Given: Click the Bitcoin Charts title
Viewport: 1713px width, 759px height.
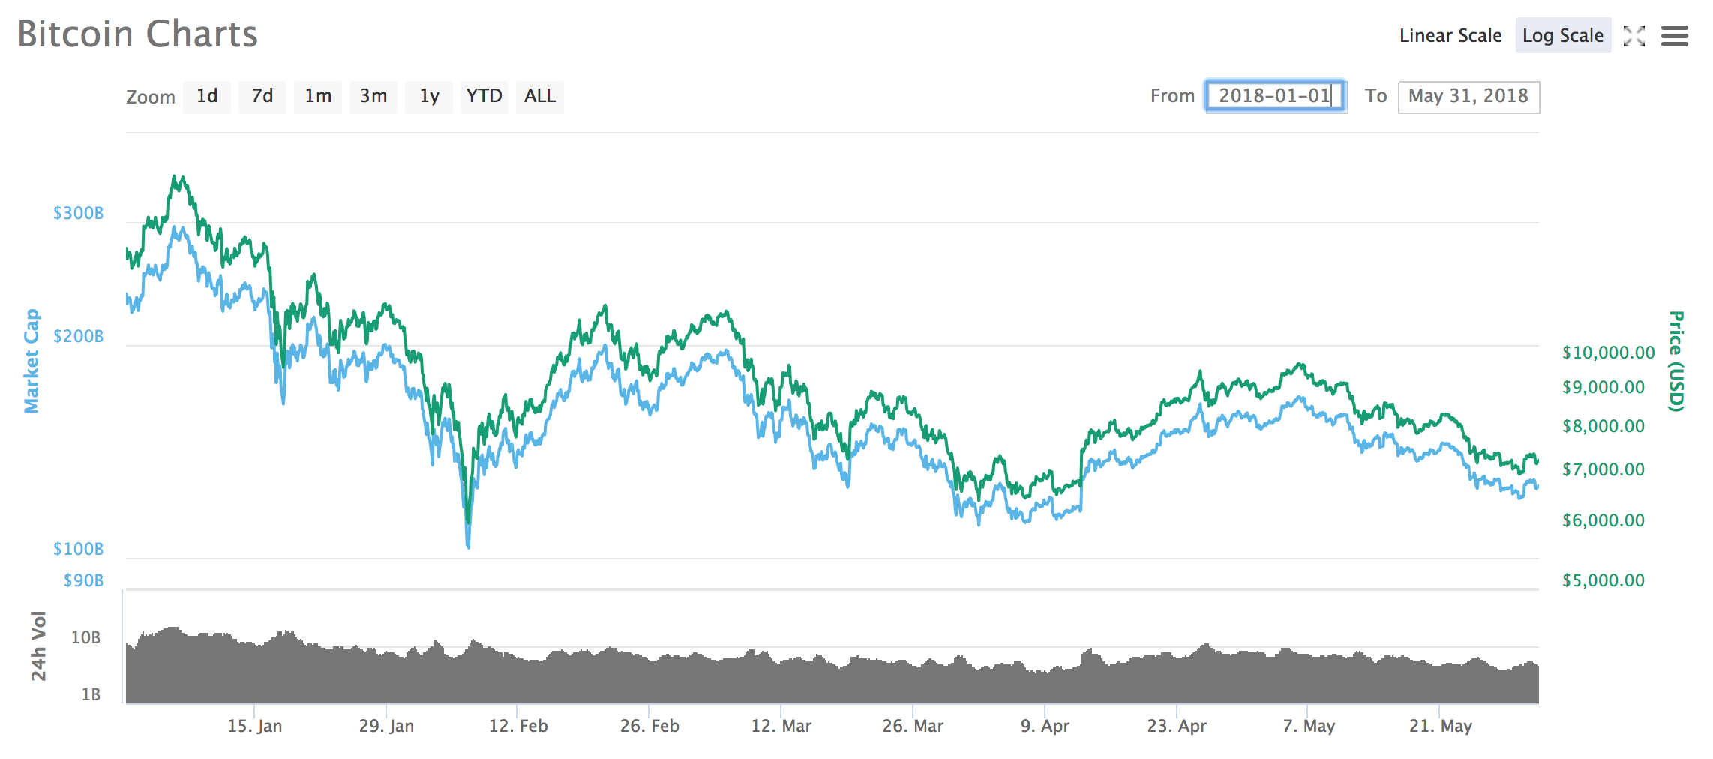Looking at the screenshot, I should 137,34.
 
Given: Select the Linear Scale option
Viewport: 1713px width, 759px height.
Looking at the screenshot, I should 1450,36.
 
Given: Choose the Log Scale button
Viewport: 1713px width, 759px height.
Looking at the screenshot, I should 1562,36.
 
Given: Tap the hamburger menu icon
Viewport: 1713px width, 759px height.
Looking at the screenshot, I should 1674,36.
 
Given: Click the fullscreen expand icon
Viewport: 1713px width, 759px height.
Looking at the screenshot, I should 1633,36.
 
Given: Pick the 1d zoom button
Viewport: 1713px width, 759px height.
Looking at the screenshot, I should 207,97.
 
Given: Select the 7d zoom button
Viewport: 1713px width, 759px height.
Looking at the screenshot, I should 262,97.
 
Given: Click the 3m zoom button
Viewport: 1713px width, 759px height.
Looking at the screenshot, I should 373,97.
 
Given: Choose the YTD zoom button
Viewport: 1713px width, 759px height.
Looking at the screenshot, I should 484,97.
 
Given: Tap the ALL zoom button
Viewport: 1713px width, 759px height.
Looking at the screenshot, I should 539,97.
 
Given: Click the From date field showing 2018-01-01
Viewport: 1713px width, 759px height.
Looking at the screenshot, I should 1275,97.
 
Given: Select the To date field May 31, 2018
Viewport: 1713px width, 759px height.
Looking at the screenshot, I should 1468,97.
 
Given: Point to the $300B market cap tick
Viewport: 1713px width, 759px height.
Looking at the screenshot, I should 78,214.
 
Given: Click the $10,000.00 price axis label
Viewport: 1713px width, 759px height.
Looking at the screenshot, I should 1608,352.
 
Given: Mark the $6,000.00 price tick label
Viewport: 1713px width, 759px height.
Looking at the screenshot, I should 1603,520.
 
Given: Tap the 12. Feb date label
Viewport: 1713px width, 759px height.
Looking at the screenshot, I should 518,726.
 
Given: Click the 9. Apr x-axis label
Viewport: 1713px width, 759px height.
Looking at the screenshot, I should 1045,726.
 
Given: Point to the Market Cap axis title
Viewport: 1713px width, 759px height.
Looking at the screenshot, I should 31,361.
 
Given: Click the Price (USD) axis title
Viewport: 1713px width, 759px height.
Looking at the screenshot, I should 1675,361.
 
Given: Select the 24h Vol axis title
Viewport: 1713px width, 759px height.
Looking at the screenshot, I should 38,646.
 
